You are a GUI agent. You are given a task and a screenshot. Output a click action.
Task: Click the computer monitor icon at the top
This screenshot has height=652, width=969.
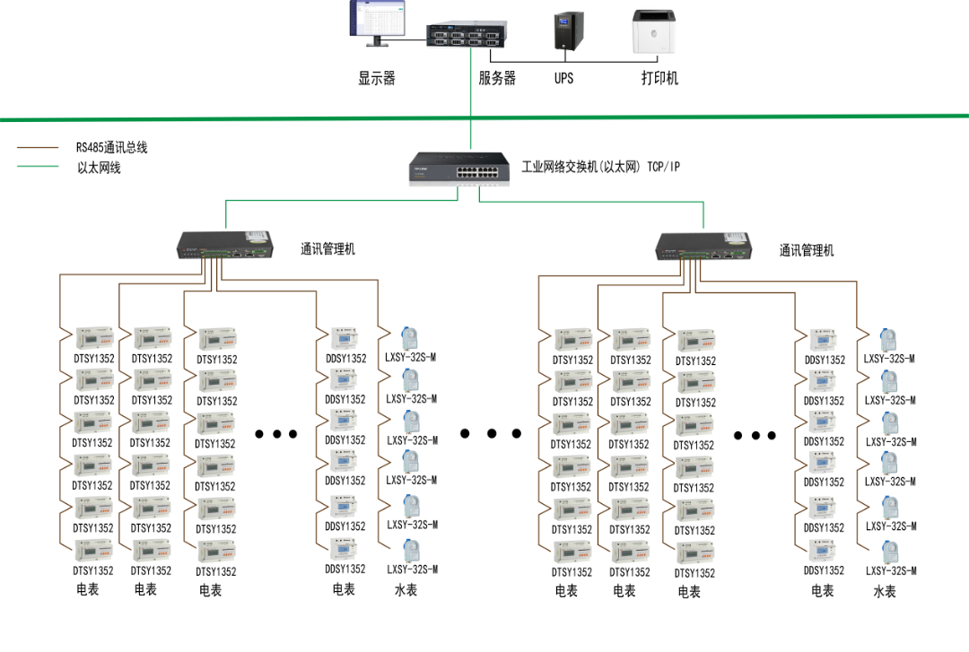click(378, 23)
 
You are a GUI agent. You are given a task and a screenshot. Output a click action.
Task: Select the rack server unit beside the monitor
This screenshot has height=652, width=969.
click(467, 34)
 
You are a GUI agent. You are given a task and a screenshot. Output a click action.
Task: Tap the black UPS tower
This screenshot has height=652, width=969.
click(569, 30)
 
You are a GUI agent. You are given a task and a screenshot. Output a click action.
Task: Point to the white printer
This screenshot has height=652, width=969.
click(654, 31)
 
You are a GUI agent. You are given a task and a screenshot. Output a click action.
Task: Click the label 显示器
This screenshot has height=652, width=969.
click(376, 79)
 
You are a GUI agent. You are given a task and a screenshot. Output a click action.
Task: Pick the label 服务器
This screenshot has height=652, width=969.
click(497, 78)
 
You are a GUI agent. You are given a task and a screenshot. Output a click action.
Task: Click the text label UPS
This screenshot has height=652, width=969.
click(563, 79)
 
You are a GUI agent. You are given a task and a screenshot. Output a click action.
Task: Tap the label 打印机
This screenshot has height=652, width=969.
click(659, 79)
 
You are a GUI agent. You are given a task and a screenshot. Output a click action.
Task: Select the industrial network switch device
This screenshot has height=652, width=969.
click(459, 169)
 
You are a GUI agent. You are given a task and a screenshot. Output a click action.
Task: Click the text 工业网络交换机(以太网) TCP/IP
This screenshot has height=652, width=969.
click(600, 167)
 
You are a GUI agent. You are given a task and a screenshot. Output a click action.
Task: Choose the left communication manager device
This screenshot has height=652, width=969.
click(225, 245)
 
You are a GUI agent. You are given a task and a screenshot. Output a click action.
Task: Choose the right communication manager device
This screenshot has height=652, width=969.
click(704, 246)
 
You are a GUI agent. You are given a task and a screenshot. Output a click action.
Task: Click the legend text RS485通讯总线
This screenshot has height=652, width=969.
click(112, 148)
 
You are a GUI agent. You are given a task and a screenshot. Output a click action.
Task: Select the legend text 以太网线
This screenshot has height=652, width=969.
click(99, 168)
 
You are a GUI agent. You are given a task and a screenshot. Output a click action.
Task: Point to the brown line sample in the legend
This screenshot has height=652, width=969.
click(38, 148)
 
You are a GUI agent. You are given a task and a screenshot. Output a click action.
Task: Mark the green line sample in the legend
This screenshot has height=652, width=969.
click(38, 166)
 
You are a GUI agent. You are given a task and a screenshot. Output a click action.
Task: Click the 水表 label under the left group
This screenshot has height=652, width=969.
click(406, 590)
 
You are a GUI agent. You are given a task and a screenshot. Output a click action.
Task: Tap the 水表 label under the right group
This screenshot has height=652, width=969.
click(885, 592)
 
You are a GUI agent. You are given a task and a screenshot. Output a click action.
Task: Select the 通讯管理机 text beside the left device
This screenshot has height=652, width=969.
click(327, 249)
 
